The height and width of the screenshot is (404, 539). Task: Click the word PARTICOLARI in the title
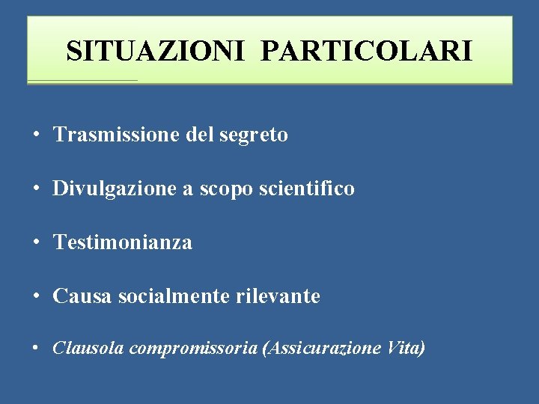[x=367, y=51]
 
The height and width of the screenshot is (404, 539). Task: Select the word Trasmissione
[x=109, y=135]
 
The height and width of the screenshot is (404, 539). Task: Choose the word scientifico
[x=306, y=189]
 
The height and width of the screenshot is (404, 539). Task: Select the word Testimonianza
[x=123, y=242]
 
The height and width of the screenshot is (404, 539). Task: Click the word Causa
[x=78, y=296]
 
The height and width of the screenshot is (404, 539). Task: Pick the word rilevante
[x=278, y=296]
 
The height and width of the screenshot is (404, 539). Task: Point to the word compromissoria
[x=192, y=349]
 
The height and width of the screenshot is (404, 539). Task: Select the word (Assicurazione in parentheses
[x=322, y=348]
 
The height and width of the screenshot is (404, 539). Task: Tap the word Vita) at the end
[x=406, y=348]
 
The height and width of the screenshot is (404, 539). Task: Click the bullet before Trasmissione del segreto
[x=36, y=135]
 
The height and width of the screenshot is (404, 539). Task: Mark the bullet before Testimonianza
[x=36, y=243]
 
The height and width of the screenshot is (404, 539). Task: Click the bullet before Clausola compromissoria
[x=36, y=349]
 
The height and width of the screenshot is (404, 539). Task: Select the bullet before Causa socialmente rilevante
[x=36, y=297]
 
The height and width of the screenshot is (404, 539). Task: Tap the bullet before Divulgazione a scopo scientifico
[x=36, y=189]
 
